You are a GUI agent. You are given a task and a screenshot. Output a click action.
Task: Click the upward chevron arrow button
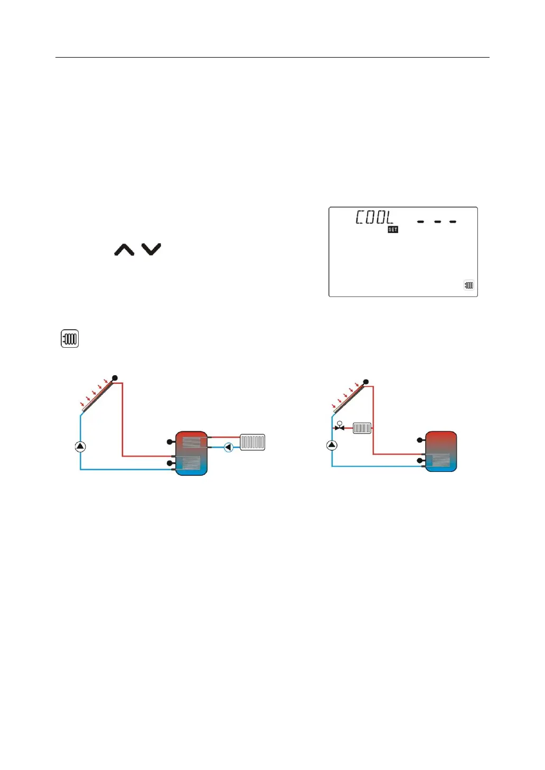click(x=124, y=250)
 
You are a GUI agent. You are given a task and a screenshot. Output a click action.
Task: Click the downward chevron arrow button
click(x=151, y=249)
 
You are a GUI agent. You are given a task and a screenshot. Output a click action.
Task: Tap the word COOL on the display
click(x=374, y=217)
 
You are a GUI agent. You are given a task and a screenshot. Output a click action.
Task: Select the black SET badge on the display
click(x=393, y=229)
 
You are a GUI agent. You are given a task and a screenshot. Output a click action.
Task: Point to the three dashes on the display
click(x=437, y=221)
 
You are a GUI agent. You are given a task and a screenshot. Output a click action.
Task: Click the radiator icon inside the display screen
click(x=469, y=285)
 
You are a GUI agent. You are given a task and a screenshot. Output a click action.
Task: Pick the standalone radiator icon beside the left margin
click(x=70, y=339)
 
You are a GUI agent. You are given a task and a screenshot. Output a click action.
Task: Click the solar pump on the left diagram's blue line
click(x=80, y=447)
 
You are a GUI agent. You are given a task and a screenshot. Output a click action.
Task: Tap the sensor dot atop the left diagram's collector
click(x=115, y=378)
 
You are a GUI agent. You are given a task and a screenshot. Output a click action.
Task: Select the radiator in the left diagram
click(x=252, y=442)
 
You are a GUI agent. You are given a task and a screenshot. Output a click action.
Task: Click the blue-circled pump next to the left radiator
click(x=228, y=447)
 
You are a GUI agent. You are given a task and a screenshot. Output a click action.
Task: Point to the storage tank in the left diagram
click(x=191, y=453)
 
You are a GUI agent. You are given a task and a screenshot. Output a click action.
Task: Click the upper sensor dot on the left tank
click(x=170, y=441)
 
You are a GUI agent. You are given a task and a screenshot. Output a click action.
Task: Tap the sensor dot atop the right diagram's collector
click(x=366, y=382)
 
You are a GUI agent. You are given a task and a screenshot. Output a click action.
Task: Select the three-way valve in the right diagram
click(x=340, y=427)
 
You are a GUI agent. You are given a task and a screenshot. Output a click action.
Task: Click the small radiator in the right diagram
click(x=362, y=428)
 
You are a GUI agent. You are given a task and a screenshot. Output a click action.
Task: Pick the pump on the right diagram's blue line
click(x=332, y=445)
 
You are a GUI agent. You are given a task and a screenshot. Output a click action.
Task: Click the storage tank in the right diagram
click(x=441, y=451)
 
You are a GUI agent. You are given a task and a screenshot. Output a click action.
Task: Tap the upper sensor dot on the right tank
click(x=420, y=440)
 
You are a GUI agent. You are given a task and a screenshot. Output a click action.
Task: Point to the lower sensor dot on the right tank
click(x=420, y=461)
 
